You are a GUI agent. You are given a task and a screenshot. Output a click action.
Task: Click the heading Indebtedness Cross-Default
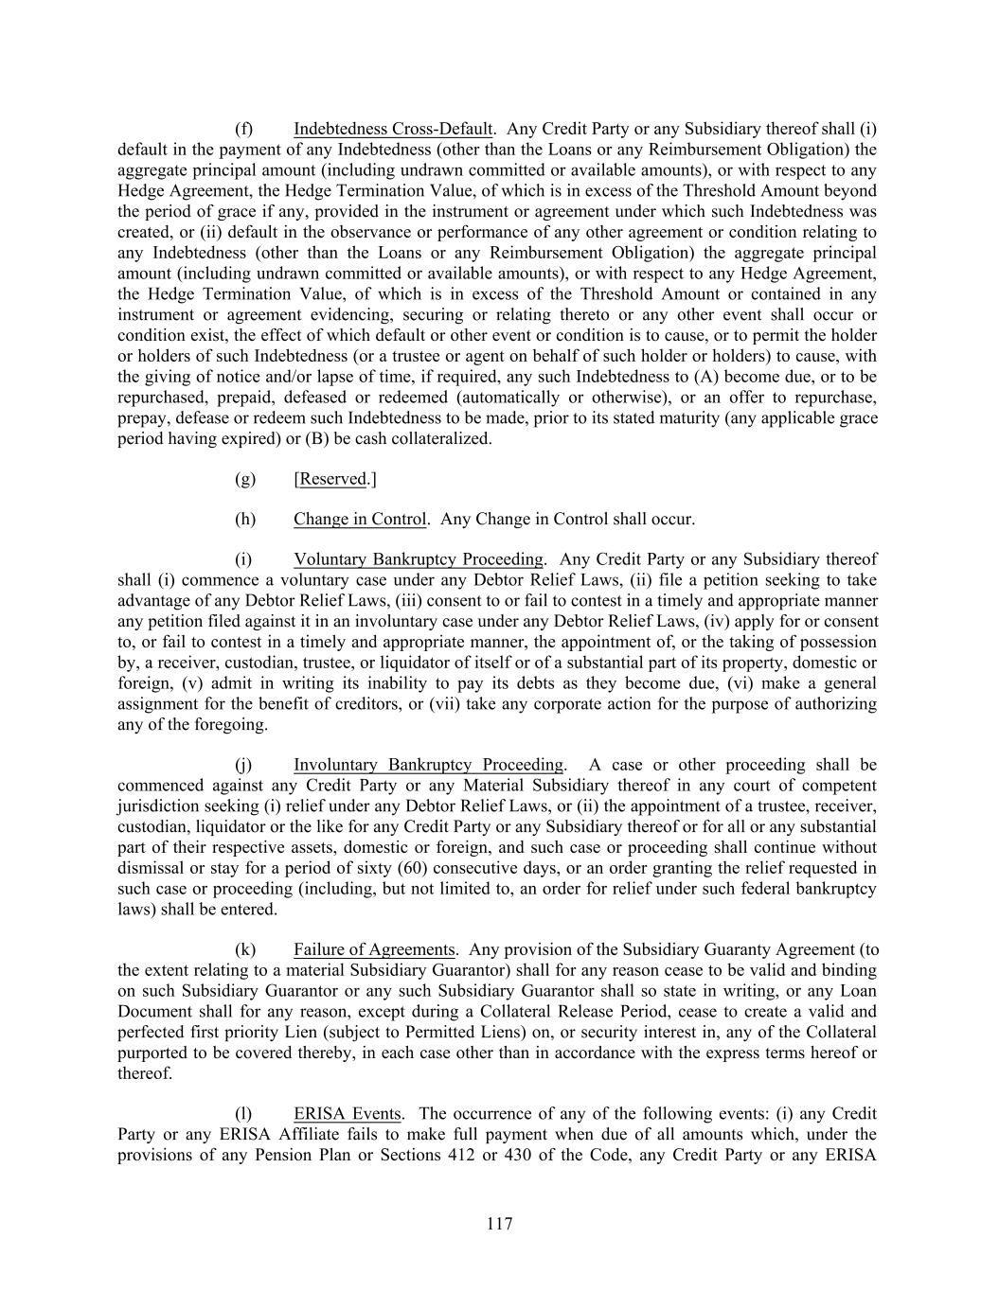point(393,129)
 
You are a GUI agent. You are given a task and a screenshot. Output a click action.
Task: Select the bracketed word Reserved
point(331,479)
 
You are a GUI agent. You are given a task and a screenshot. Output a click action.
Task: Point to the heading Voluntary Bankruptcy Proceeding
point(419,559)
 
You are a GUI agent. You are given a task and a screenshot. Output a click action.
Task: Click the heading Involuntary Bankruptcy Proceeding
point(428,765)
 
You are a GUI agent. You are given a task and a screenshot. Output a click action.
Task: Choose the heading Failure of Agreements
point(374,949)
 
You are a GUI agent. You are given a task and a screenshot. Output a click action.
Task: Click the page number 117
point(499,1224)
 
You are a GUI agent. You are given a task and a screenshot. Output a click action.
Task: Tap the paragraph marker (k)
point(244,949)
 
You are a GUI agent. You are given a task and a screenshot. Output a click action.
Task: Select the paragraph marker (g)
point(244,479)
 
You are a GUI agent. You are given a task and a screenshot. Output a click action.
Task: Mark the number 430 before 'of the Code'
point(521,1155)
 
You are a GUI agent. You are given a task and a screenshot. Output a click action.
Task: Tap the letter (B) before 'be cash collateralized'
point(317,438)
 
